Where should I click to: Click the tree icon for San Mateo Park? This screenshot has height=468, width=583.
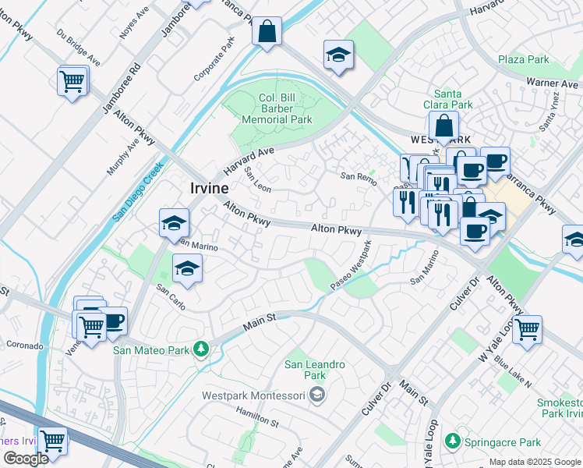(x=201, y=349)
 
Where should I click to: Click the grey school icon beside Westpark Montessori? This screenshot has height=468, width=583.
(x=316, y=395)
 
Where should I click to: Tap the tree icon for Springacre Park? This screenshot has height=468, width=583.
(x=453, y=441)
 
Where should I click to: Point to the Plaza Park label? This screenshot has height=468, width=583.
(x=524, y=59)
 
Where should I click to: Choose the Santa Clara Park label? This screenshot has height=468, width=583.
(x=453, y=99)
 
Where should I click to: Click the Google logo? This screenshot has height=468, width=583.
(x=26, y=459)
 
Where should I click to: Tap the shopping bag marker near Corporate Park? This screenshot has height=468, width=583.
(x=267, y=33)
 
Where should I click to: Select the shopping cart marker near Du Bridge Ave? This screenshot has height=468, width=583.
(x=72, y=80)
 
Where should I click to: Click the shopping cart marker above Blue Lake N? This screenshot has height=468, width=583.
(x=528, y=329)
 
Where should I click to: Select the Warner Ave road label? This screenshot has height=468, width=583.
(x=551, y=82)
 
